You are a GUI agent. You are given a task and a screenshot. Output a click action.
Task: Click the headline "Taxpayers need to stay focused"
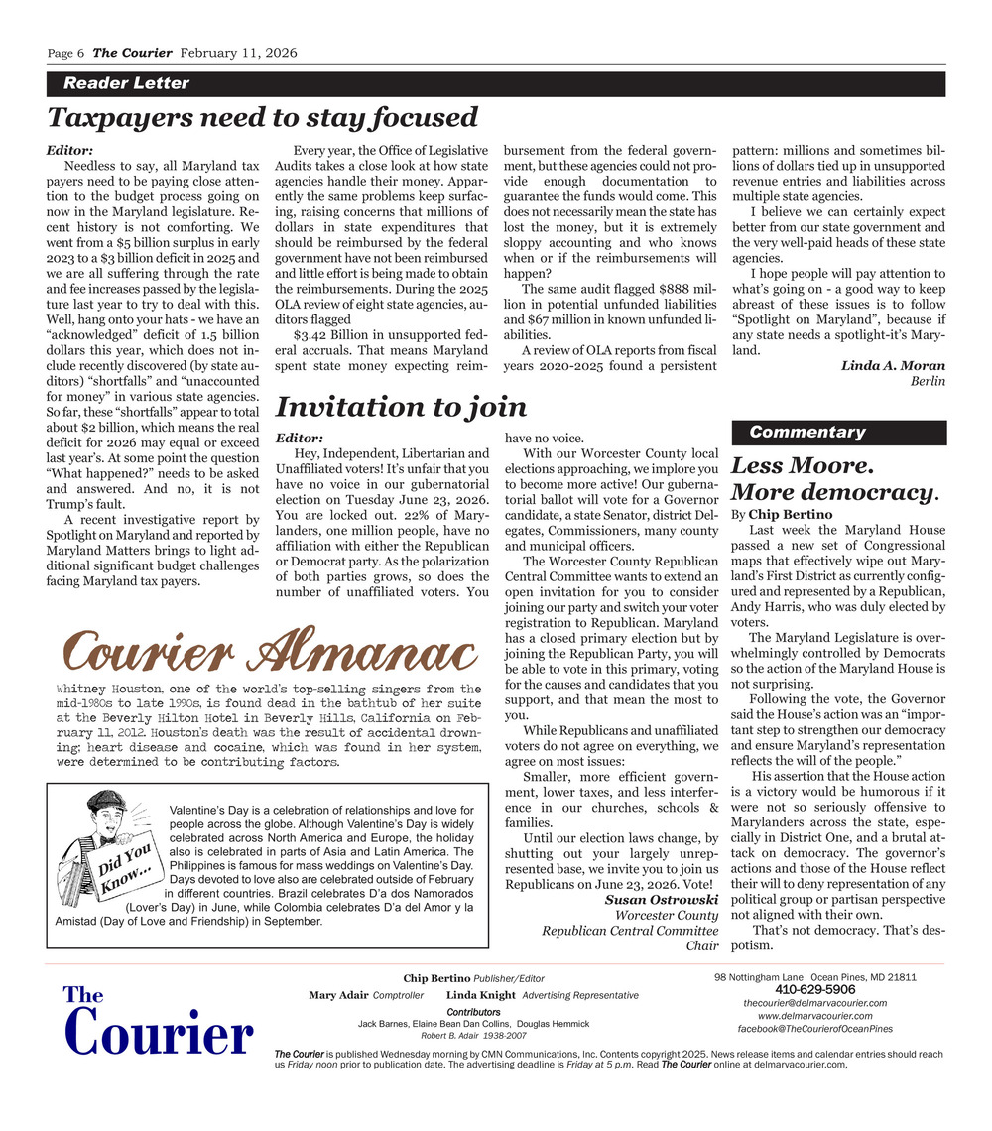pos(263,118)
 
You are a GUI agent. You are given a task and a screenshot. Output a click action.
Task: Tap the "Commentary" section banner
pos(806,432)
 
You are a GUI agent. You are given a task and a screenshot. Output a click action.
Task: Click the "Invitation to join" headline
pos(400,407)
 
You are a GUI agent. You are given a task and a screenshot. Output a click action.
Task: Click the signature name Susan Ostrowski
pos(662,899)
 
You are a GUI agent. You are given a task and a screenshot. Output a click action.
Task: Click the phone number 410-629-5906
pos(814,989)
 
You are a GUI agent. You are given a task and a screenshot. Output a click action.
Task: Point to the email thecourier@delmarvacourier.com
pos(814,1003)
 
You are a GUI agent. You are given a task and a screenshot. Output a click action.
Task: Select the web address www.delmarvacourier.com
pos(814,1016)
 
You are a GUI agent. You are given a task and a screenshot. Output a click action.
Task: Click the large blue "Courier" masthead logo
pos(157,1034)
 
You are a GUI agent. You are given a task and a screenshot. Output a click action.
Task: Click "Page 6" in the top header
pos(66,53)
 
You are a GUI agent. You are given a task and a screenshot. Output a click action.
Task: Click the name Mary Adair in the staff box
pos(337,995)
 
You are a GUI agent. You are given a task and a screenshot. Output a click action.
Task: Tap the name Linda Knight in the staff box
pos(480,995)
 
